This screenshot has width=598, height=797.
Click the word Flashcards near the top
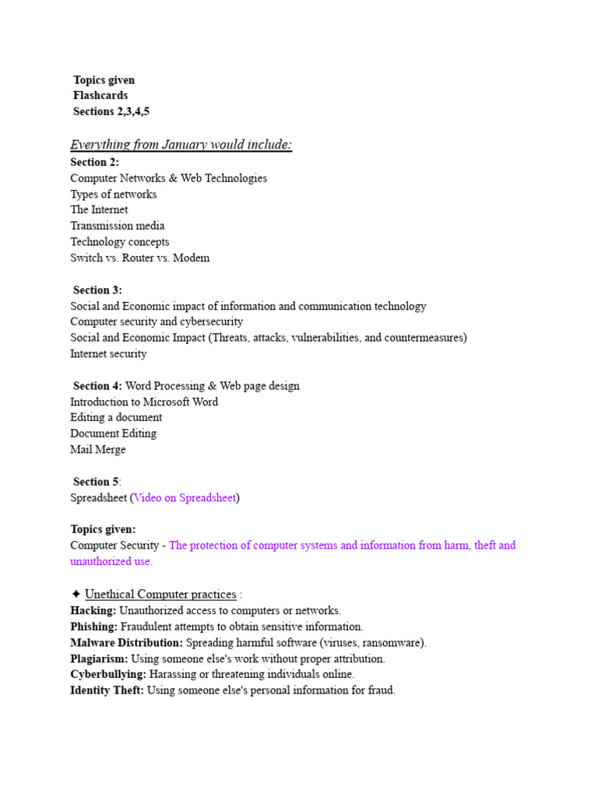pos(100,96)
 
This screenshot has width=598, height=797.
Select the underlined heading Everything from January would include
pos(181,145)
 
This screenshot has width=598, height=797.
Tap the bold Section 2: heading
pos(94,162)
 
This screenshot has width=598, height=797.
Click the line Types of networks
pos(113,194)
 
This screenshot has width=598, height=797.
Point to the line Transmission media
pos(117,226)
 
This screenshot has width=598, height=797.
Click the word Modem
pos(192,258)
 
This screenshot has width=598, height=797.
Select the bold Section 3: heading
pos(97,290)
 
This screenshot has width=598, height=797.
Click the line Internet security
pos(108,354)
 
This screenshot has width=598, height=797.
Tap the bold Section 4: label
pos(97,386)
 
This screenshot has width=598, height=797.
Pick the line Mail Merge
pos(97,450)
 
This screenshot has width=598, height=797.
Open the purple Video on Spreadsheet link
pos(185,497)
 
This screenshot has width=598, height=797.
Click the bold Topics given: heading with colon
pos(103,529)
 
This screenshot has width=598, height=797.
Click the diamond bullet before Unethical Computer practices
pos(76,595)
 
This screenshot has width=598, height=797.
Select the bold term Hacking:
pos(93,611)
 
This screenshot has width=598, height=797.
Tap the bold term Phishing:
pos(93,627)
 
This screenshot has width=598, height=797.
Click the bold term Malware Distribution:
pos(126,643)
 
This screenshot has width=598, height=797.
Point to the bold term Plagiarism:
pos(99,658)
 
